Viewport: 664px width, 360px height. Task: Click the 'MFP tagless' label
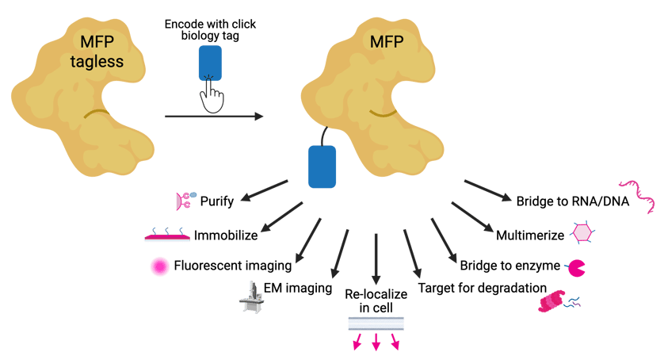pos(100,50)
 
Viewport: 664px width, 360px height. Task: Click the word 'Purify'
pos(217,201)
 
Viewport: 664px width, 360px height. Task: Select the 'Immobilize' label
pos(225,234)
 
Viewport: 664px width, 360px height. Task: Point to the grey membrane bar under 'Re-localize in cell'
pos(376,324)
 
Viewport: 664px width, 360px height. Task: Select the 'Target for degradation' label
pos(483,286)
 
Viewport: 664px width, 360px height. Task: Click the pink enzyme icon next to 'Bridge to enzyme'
pos(578,267)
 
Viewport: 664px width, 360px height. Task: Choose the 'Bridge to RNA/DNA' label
pos(572,201)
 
